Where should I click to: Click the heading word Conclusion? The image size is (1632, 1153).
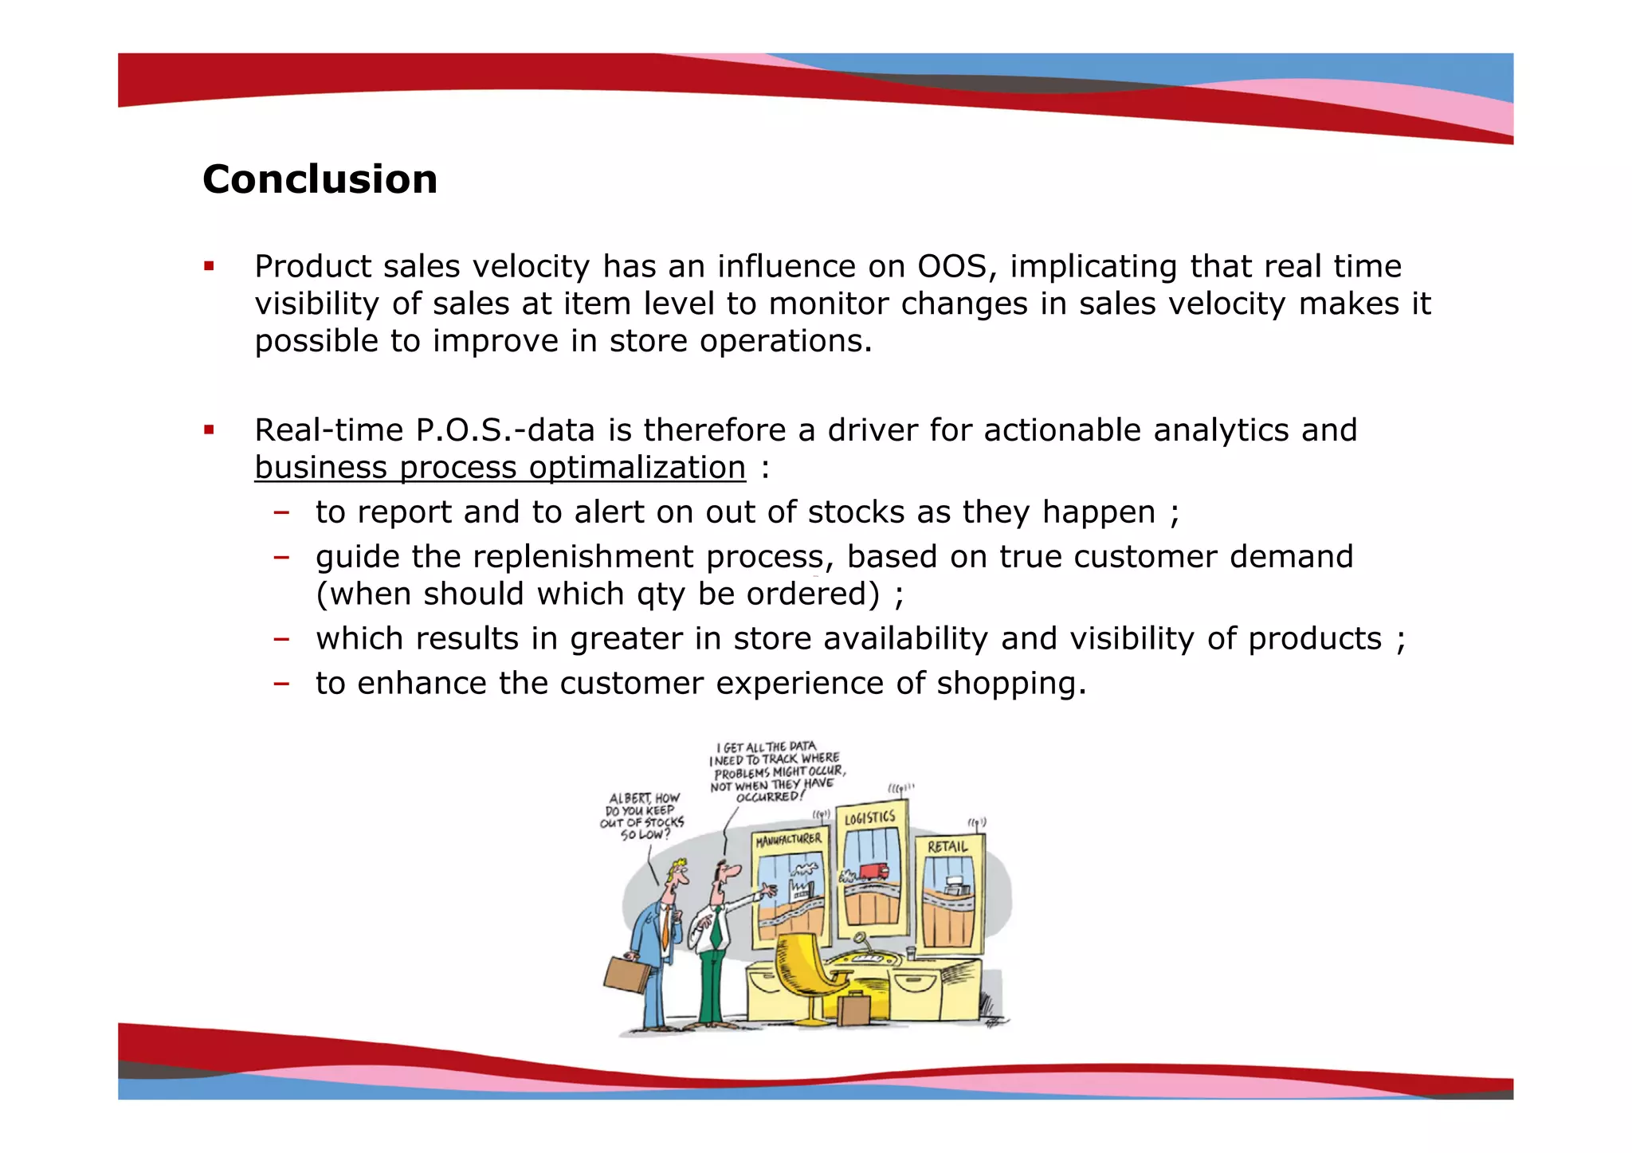tap(320, 179)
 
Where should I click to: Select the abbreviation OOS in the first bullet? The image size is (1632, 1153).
tap(952, 266)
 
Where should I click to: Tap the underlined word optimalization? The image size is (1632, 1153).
tap(637, 468)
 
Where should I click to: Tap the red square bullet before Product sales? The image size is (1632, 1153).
tap(209, 266)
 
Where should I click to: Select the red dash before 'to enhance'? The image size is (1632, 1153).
tap(280, 684)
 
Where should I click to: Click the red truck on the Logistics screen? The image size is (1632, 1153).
tap(873, 871)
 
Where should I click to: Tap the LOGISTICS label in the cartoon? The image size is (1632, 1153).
tap(869, 818)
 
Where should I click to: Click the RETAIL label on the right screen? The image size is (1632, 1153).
tap(947, 846)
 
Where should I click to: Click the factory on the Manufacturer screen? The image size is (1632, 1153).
tap(800, 884)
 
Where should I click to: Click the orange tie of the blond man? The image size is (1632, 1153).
tap(666, 924)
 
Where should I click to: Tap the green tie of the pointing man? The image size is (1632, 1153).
tap(716, 929)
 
